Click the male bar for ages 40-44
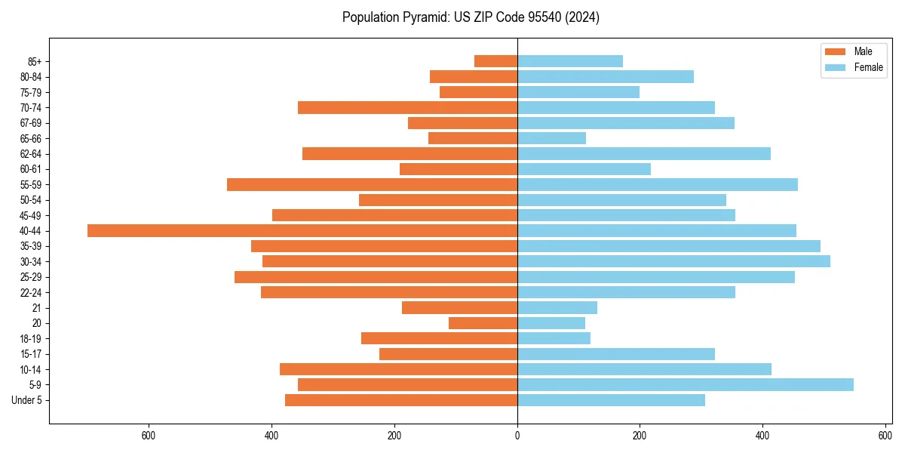[302, 230]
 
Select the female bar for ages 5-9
[685, 384]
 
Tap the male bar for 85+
[495, 61]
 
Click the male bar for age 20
[483, 323]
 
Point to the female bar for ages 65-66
[551, 138]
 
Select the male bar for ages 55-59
[372, 184]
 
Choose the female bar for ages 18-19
[554, 338]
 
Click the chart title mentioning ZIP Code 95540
[471, 17]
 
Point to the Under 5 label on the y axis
[26, 400]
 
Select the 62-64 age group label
[31, 154]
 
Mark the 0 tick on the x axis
[517, 436]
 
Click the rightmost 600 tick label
[885, 436]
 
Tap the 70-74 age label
[31, 108]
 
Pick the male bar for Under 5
[401, 400]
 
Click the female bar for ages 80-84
[605, 76]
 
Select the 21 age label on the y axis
[36, 308]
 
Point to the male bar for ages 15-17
[448, 354]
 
